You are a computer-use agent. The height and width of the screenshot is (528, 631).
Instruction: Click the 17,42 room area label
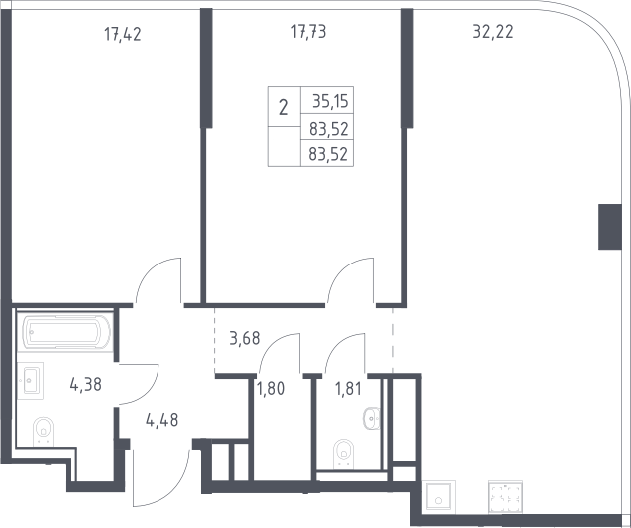[123, 34]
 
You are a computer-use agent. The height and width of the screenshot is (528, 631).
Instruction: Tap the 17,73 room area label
[308, 31]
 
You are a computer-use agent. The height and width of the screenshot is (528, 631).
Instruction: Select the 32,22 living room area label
[493, 31]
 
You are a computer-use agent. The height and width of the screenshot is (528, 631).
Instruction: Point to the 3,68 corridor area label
[245, 338]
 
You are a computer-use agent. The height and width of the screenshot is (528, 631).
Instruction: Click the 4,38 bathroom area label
[86, 384]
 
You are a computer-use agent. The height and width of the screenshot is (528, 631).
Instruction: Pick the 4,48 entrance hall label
[162, 420]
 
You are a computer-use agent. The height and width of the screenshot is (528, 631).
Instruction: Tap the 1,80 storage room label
[271, 389]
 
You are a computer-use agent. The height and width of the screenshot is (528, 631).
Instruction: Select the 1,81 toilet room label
[348, 389]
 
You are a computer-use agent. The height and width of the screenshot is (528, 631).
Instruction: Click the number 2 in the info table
[284, 108]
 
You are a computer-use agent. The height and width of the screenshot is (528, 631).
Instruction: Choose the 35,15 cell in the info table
[330, 101]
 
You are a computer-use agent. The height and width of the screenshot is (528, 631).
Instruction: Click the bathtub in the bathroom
[65, 332]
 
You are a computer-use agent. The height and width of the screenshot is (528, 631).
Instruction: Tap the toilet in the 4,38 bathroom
[44, 431]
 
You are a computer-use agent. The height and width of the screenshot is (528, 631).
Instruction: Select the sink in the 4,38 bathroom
[30, 381]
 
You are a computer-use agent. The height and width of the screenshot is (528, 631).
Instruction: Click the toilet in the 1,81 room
[343, 454]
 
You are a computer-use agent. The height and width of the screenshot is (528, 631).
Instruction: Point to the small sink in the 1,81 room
[372, 419]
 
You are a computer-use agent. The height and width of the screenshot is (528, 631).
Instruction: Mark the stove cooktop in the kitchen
[505, 497]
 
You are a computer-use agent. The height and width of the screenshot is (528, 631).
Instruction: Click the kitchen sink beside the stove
[438, 497]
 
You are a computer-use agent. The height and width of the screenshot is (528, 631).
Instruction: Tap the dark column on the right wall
[610, 227]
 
